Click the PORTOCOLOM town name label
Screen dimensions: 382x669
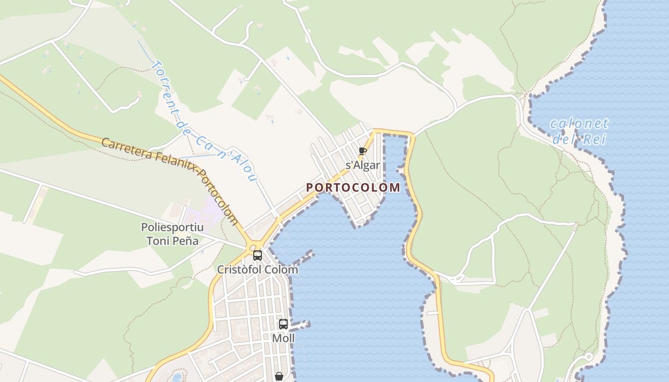point(353,188)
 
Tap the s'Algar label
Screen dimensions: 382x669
point(363,166)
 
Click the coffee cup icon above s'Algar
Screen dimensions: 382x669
point(363,151)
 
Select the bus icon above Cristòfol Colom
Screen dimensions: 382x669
point(258,255)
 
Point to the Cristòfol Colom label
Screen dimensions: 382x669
point(258,270)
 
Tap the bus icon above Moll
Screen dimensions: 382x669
point(283,324)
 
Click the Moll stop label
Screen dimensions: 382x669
point(283,339)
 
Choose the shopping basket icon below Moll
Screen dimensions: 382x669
point(279,376)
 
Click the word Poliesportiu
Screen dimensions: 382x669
point(172,227)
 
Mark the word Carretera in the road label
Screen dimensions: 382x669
point(127,149)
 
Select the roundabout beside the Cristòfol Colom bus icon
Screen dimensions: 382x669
point(252,247)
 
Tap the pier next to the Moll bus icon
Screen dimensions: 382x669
point(300,326)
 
